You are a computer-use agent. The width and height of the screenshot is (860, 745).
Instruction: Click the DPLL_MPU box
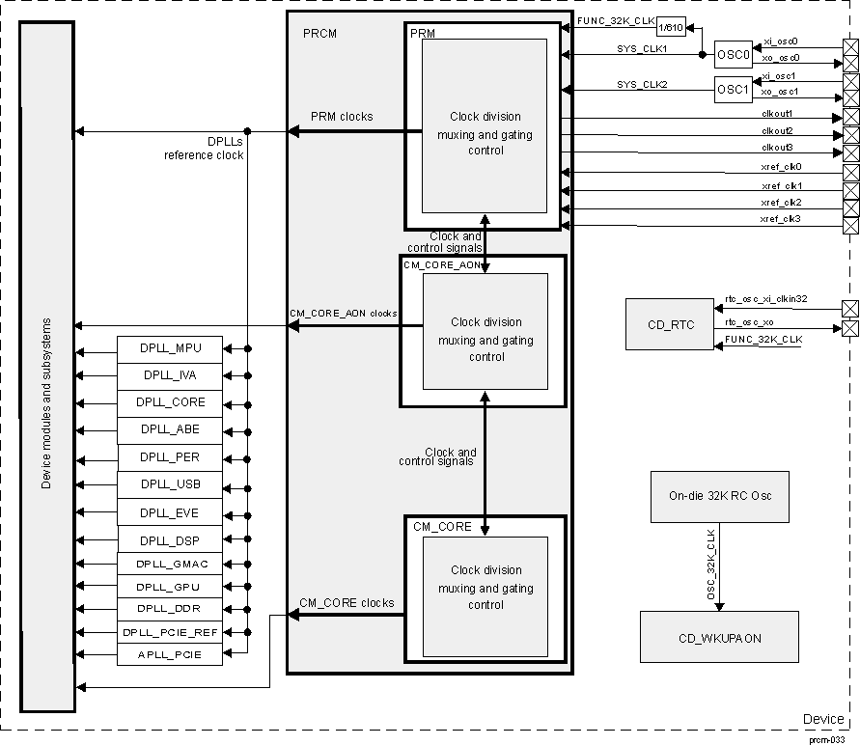(171, 347)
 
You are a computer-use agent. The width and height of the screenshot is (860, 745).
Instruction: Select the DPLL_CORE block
(171, 402)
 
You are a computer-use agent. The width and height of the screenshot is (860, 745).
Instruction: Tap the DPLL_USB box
(171, 484)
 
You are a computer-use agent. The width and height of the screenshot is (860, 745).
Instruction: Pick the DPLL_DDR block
(171, 609)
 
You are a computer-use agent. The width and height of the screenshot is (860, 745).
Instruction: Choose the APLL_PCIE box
(171, 655)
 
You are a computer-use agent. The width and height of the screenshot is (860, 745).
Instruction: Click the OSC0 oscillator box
(733, 55)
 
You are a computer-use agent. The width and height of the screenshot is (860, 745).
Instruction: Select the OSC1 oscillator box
(733, 90)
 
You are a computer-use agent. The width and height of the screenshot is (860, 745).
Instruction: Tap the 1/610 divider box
(672, 28)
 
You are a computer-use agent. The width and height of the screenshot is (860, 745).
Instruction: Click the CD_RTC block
(670, 325)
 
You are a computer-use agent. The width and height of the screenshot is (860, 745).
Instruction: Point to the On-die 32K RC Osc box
(719, 497)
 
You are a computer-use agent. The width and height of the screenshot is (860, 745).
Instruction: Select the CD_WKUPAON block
(719, 638)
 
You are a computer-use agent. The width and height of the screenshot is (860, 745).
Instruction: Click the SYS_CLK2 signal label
(642, 85)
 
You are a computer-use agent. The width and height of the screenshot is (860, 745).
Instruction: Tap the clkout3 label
(777, 147)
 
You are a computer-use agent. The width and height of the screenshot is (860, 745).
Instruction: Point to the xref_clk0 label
(781, 167)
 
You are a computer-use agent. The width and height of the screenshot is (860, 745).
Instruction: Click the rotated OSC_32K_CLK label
(711, 565)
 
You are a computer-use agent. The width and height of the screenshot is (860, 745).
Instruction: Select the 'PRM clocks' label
(342, 117)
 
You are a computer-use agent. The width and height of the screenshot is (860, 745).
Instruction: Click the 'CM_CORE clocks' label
(347, 603)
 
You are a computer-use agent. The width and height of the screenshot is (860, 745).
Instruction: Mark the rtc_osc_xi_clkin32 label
(766, 300)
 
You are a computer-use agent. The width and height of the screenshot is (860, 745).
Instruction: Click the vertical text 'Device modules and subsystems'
(46, 403)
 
